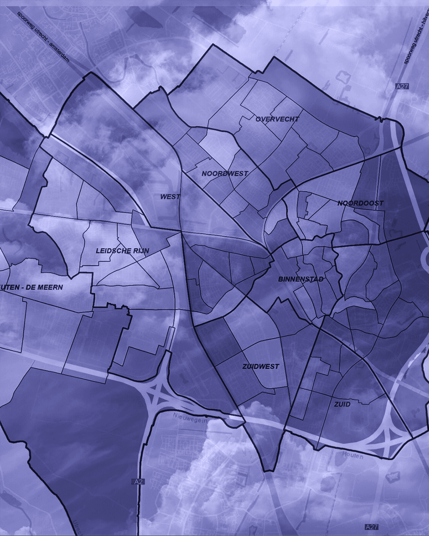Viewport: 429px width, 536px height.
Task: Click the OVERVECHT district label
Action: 277,119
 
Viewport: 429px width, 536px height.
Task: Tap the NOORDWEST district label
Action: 225,174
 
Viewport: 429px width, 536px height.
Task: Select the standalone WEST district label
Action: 170,197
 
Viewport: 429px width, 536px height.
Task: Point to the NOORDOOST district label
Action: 361,203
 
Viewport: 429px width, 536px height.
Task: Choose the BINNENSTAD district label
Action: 301,279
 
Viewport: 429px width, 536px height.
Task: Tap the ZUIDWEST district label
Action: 261,367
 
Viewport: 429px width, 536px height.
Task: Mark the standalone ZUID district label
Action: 342,405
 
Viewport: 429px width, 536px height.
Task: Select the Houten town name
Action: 353,455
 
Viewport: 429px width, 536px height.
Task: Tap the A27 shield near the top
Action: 402,86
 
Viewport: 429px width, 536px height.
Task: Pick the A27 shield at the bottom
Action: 371,527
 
